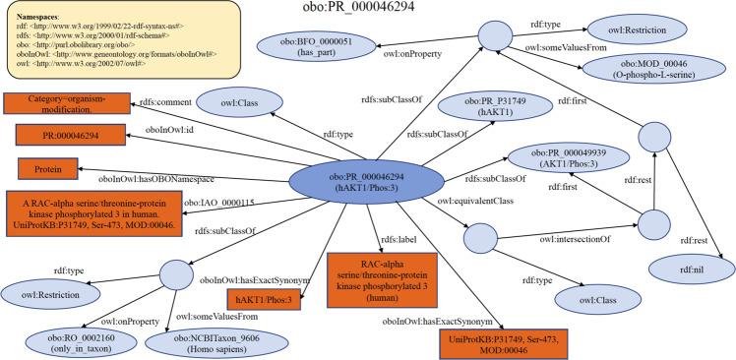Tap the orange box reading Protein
(x=41, y=169)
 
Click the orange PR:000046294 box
(x=59, y=135)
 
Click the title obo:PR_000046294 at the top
(x=368, y=10)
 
